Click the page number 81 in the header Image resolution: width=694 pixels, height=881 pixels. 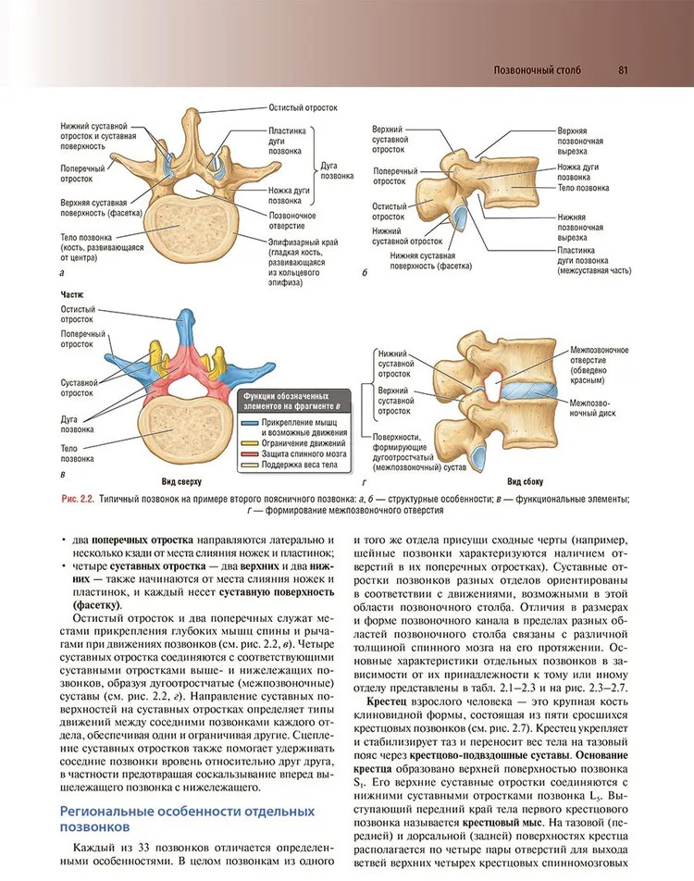tap(623, 70)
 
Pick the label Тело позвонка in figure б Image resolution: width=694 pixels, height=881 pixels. tap(583, 188)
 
